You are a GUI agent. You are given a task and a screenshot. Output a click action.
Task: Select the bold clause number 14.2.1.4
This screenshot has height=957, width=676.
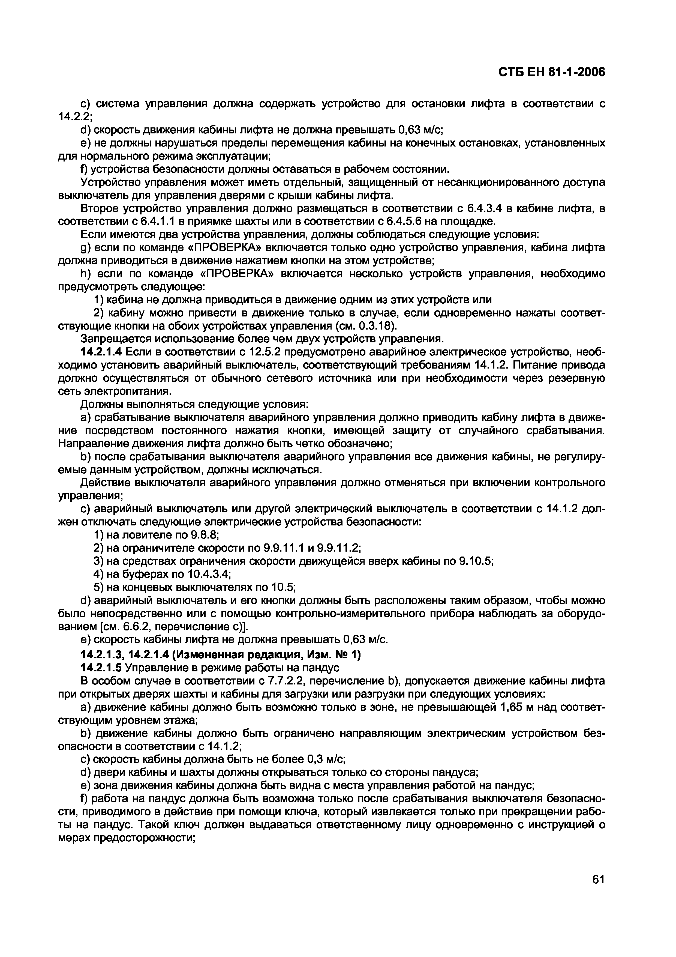100,352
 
